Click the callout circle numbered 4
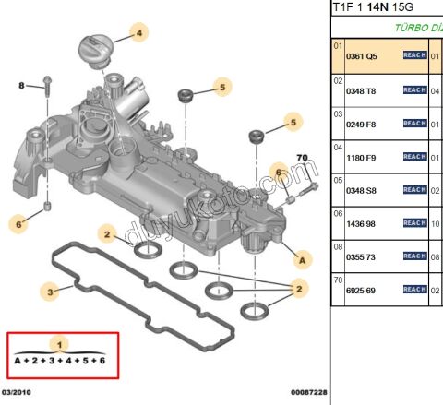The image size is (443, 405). click(x=140, y=34)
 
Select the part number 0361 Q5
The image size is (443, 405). click(x=361, y=55)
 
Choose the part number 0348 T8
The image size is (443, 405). click(x=361, y=90)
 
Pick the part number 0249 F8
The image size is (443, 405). click(x=361, y=123)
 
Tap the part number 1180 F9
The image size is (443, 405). click(x=361, y=157)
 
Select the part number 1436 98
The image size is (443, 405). click(x=361, y=223)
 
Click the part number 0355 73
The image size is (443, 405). click(x=361, y=256)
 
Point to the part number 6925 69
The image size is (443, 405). click(x=361, y=290)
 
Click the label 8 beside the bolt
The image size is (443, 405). click(x=22, y=86)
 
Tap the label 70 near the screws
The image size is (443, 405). click(x=300, y=160)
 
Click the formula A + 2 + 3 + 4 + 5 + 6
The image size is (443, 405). click(x=60, y=361)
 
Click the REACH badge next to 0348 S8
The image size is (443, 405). click(x=414, y=189)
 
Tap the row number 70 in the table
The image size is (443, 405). click(x=338, y=280)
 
